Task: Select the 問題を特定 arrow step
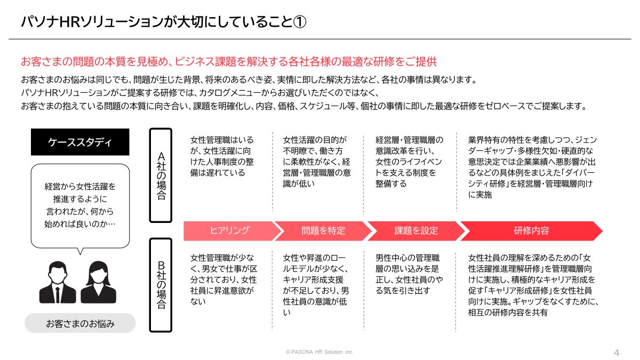323,231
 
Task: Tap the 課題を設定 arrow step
416,231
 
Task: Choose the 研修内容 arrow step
531,231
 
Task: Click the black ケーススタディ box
80,142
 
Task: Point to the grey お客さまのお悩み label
80,323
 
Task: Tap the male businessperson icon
57,282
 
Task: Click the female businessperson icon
98,282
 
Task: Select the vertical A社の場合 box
161,174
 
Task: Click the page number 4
617,353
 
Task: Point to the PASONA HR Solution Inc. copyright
319,353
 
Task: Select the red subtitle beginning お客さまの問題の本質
228,61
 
